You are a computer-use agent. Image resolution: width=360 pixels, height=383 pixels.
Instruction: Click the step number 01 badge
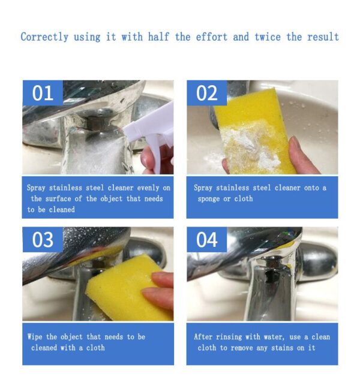[x=43, y=93]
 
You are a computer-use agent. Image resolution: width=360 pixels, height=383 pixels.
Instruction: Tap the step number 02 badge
[x=206, y=93]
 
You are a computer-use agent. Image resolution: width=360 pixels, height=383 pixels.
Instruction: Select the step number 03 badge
[x=43, y=239]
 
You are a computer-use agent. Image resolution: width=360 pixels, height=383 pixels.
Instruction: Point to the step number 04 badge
[x=206, y=239]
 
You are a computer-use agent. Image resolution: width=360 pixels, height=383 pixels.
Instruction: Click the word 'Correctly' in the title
[x=44, y=37]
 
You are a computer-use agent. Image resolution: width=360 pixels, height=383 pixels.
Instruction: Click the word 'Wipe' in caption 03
[x=34, y=337]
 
